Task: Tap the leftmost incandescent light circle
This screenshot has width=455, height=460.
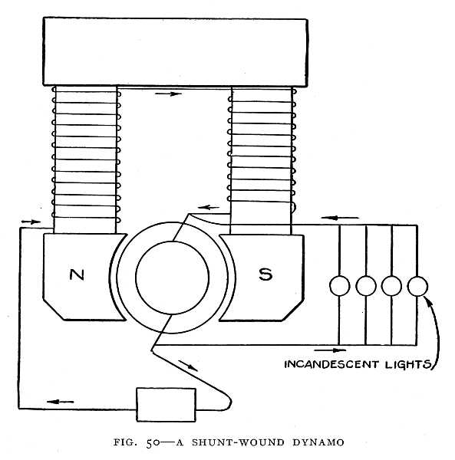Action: pos(339,286)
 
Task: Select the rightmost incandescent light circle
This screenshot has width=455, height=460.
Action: pos(417,286)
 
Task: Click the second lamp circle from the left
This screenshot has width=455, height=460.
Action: pos(365,286)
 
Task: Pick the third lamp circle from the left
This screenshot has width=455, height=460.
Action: pos(391,286)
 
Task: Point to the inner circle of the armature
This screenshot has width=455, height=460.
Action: pos(173,278)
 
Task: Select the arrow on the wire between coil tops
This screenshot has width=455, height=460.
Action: pos(173,94)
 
